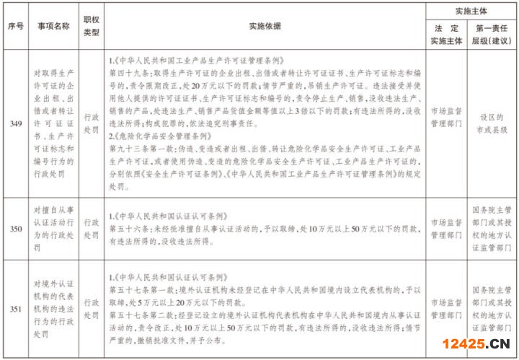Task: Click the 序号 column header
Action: pos(15,26)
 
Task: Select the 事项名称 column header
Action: pos(54,26)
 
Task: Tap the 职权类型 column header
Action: pos(92,26)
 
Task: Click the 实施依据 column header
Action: pos(264,26)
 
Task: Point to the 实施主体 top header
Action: pos(471,12)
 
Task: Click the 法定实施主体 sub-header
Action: pos(448,35)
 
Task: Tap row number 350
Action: pos(15,228)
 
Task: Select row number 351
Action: pos(15,309)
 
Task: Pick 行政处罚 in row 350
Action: pos(92,228)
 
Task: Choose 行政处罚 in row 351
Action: pos(92,309)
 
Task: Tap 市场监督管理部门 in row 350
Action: pos(448,228)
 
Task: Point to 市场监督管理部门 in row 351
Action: pos(448,309)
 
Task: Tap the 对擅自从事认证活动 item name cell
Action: pos(54,228)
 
